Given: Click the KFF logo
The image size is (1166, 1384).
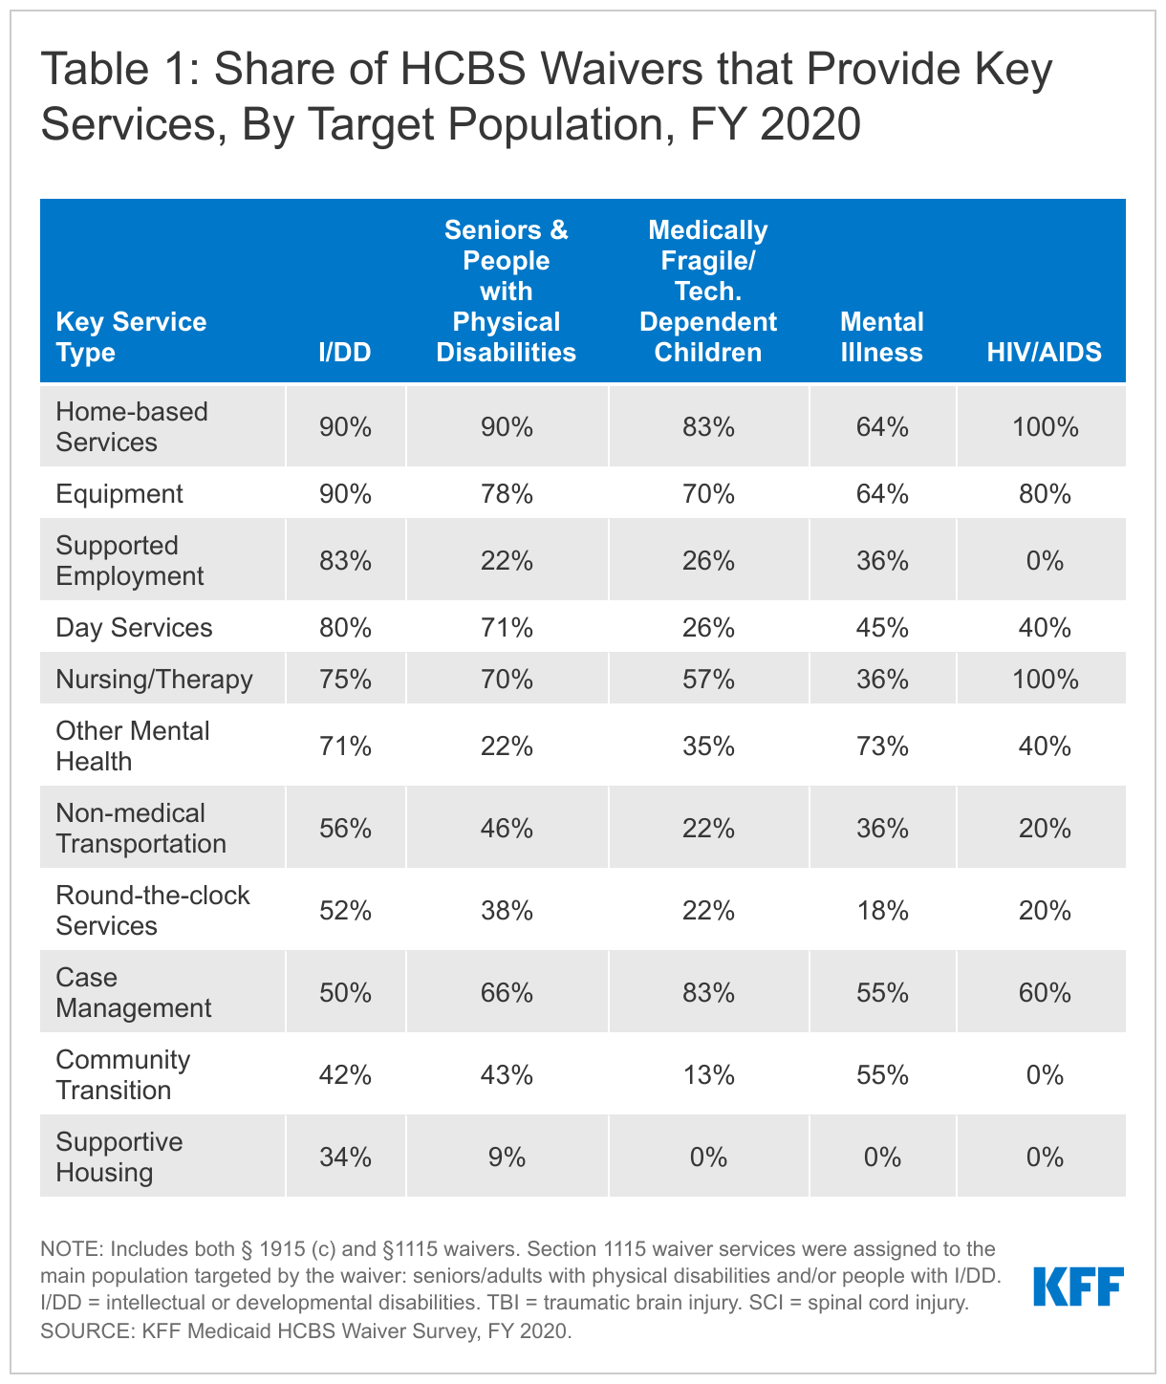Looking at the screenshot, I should click(x=1078, y=1287).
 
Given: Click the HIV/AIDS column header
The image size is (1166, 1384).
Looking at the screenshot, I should click(x=1044, y=352).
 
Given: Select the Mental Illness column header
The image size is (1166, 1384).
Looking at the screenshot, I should click(x=881, y=336).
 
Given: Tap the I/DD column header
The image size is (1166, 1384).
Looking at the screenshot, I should click(x=345, y=352).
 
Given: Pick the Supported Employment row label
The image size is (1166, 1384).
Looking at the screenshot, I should click(x=129, y=560).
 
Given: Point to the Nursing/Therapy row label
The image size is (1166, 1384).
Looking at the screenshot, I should click(x=154, y=679).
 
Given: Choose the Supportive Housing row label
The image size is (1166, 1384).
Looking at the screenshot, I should click(x=119, y=1157).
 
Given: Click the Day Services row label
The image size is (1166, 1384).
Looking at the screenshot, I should click(x=134, y=627).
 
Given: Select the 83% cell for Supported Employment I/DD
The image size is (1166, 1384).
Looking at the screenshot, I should click(x=345, y=560).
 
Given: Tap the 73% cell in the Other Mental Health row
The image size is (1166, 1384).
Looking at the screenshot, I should click(x=881, y=746).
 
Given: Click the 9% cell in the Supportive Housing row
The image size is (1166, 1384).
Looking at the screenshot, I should click(x=507, y=1157).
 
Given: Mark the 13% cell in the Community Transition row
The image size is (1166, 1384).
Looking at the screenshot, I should click(x=708, y=1074).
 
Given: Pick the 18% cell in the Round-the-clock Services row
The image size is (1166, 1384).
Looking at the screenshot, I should click(x=881, y=910).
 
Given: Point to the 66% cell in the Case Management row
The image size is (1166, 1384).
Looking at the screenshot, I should click(x=507, y=992).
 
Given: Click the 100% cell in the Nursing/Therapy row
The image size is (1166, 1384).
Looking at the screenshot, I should click(x=1045, y=679).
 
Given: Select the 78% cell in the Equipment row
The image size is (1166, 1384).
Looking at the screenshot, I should click(x=507, y=493).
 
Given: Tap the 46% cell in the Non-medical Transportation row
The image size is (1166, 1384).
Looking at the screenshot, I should click(x=507, y=828).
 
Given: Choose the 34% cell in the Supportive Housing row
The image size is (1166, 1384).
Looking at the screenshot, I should click(x=345, y=1157).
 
